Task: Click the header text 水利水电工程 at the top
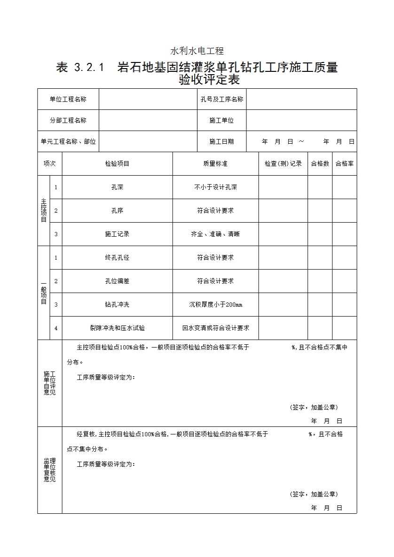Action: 197,51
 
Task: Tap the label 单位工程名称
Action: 68,99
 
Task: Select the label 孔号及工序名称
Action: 221,99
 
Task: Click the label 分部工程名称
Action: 68,120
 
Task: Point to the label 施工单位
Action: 221,120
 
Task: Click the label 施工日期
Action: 221,141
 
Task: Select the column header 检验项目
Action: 117,163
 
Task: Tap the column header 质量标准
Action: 215,163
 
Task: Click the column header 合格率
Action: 344,163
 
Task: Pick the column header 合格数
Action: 320,163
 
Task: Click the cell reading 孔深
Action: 117,187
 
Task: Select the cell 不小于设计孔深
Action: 215,187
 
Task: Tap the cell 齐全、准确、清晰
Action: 215,234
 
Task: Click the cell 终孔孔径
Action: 117,257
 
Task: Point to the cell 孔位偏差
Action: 117,281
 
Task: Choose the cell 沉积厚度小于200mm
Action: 215,304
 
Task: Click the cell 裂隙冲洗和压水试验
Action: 117,328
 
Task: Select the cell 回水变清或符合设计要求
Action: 215,328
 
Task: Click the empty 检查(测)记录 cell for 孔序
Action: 283,210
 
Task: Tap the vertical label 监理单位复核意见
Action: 49,470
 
